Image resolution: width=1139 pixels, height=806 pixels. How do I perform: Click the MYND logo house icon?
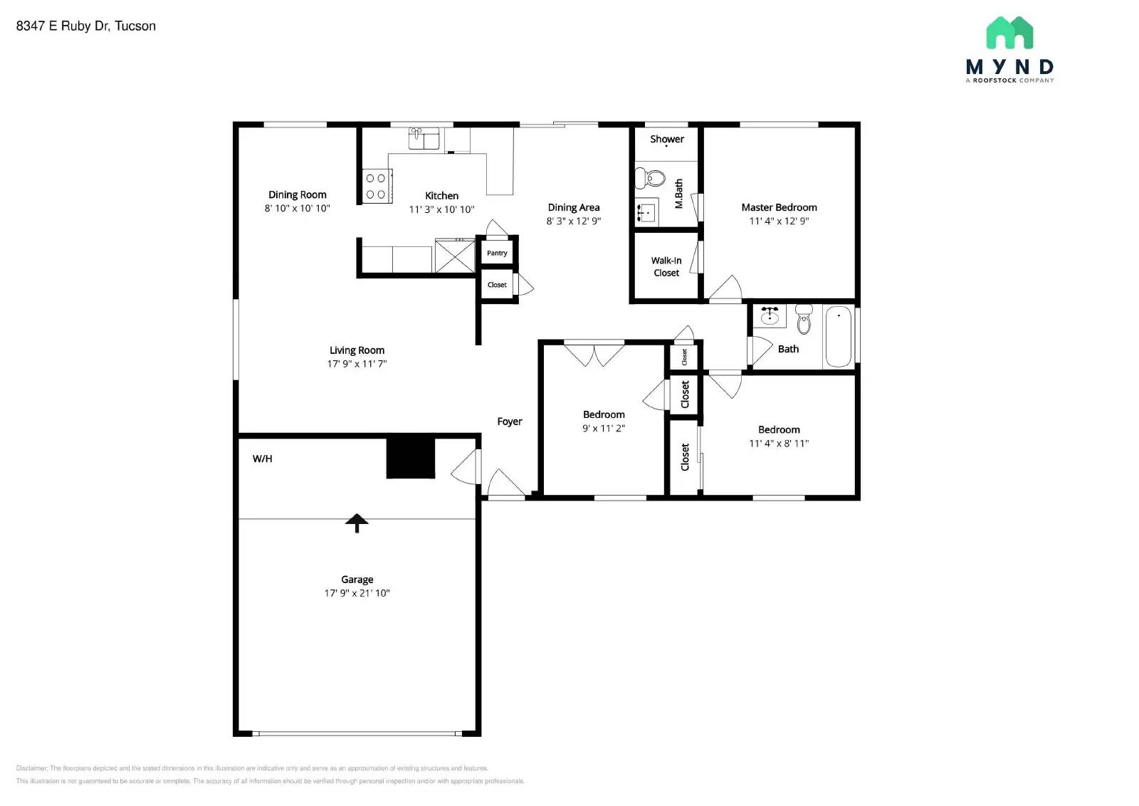pyautogui.click(x=1009, y=33)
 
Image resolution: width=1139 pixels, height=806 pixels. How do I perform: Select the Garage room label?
pyautogui.click(x=357, y=580)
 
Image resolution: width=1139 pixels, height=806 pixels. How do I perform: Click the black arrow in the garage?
pyautogui.click(x=357, y=523)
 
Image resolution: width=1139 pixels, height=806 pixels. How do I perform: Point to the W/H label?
pyautogui.click(x=262, y=459)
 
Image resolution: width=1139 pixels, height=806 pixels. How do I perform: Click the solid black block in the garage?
pyautogui.click(x=410, y=457)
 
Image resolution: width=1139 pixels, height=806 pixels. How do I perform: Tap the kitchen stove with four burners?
pyautogui.click(x=376, y=186)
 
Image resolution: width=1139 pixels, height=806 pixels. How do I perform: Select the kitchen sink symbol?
pyautogui.click(x=424, y=138)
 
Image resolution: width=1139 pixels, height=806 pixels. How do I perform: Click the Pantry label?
pyautogui.click(x=497, y=253)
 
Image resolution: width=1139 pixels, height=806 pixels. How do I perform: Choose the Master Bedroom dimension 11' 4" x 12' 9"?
pyautogui.click(x=779, y=221)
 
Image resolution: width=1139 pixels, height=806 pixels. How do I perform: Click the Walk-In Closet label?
pyautogui.click(x=666, y=266)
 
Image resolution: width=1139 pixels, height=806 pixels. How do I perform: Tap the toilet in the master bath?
pyautogui.click(x=650, y=177)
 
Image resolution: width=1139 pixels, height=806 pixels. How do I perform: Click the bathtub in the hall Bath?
pyautogui.click(x=839, y=336)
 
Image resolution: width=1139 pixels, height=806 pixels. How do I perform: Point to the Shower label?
pyautogui.click(x=666, y=139)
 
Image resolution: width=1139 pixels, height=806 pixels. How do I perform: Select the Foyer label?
pyautogui.click(x=509, y=422)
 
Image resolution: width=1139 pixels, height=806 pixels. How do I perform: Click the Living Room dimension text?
pyautogui.click(x=357, y=364)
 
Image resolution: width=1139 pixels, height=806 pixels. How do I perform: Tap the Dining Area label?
pyautogui.click(x=573, y=207)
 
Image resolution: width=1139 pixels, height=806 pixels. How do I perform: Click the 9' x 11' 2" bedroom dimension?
pyautogui.click(x=603, y=428)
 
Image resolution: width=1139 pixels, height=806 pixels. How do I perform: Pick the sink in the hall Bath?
pyautogui.click(x=770, y=315)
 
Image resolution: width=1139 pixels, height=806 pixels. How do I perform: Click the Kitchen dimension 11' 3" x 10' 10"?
pyautogui.click(x=441, y=209)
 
